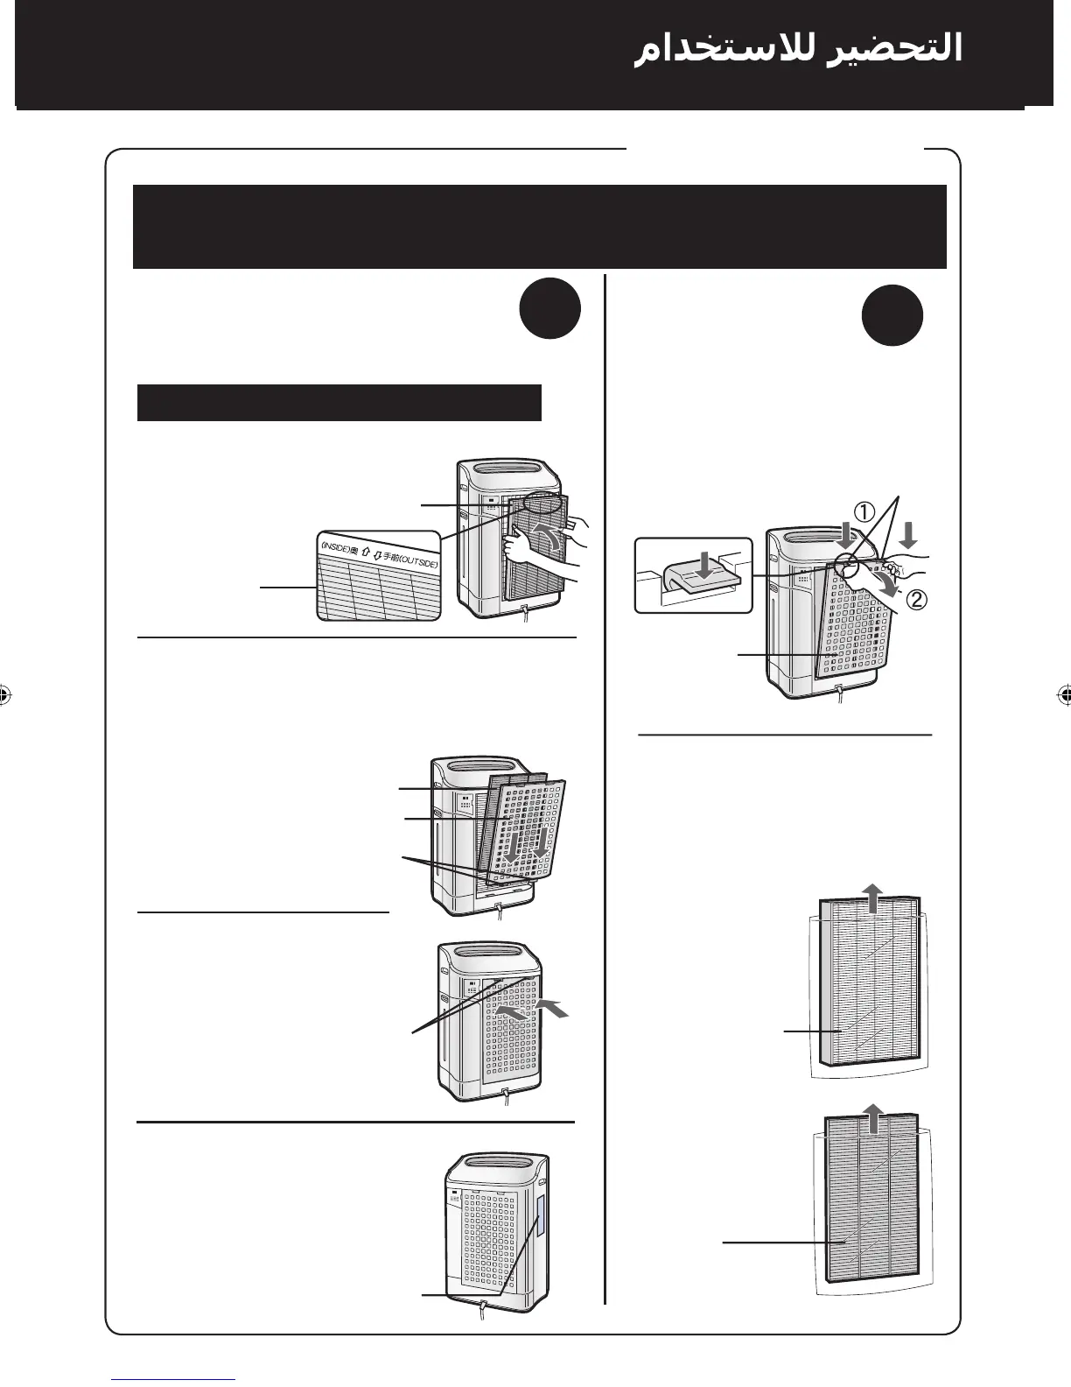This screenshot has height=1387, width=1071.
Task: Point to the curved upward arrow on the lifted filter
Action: (x=549, y=539)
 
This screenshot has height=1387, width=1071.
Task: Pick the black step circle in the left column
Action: (x=549, y=310)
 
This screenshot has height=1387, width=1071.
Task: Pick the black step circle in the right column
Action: (x=892, y=316)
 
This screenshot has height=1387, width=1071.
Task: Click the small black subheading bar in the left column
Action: (x=339, y=403)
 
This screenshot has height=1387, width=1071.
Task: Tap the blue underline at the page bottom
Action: (x=174, y=1379)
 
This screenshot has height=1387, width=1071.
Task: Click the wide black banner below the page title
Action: (x=539, y=226)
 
